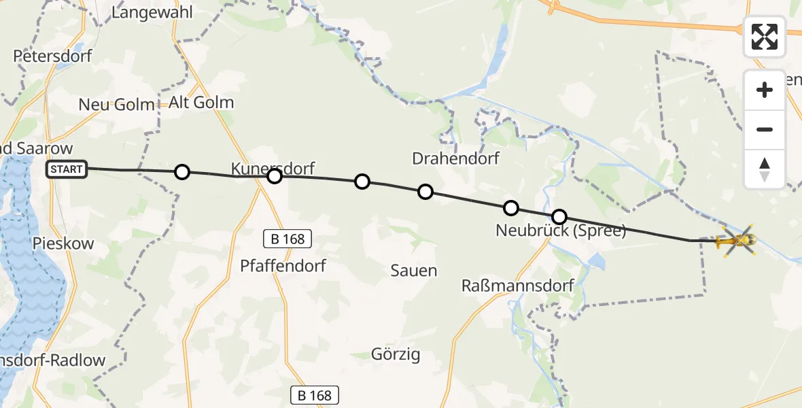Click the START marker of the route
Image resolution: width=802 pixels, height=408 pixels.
67,169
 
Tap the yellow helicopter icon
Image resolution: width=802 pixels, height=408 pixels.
738,240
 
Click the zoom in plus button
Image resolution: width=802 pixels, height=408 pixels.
765,90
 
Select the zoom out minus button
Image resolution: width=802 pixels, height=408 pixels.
765,129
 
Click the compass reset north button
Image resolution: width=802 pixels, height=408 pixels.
765,169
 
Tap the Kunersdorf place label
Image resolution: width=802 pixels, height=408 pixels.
273,168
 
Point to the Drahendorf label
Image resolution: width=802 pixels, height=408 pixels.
455,158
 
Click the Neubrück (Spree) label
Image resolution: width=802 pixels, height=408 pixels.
560,231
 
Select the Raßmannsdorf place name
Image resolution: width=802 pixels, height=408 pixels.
517,285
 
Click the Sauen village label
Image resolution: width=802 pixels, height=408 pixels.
413,271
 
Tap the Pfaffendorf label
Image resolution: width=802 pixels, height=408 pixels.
283,266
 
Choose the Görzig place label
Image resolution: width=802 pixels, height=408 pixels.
396,354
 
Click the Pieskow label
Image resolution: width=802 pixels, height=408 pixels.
54,243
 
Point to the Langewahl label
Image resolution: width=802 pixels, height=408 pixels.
152,12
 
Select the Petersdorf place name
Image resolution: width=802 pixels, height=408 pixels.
52,56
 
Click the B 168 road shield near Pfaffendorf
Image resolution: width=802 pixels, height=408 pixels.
288,239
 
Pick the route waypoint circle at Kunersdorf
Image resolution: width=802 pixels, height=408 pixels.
274,177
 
